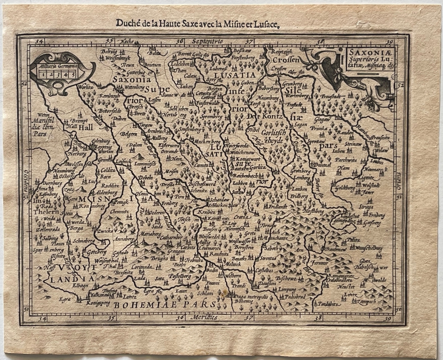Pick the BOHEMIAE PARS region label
(165, 305)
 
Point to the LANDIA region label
(67, 279)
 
